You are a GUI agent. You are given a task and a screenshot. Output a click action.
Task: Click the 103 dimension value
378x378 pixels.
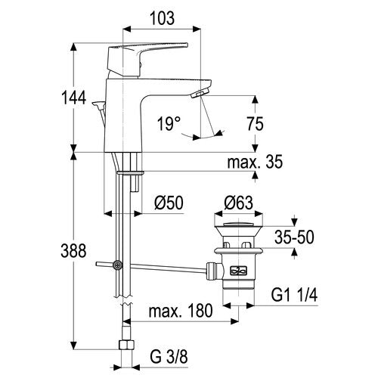point(163,18)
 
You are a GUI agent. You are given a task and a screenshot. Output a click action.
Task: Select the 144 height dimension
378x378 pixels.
point(74,98)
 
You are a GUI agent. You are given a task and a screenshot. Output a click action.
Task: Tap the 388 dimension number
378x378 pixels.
point(73,251)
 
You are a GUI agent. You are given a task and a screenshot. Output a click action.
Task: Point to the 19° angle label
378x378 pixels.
point(169,124)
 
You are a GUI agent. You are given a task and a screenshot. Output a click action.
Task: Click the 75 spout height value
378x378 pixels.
point(255,124)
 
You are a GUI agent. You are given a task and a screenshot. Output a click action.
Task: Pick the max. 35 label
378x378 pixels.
point(255,162)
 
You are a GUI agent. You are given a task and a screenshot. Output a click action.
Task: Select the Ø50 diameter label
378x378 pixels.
point(169,203)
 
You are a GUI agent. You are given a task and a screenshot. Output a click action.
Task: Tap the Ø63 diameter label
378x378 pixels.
point(238,203)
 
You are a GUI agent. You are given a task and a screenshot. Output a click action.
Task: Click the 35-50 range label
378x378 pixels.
point(294,237)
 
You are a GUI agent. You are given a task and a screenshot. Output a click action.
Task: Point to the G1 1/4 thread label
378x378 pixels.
point(294,295)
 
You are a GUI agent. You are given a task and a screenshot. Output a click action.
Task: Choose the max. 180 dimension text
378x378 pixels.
point(181,311)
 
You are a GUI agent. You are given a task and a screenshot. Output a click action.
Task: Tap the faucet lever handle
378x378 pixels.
point(147,60)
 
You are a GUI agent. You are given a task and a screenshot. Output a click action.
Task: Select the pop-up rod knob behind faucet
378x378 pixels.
point(98,104)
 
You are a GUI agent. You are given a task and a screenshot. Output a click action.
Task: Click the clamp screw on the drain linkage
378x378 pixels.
point(118,265)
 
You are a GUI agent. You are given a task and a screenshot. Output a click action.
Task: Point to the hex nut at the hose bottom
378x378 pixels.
point(126,345)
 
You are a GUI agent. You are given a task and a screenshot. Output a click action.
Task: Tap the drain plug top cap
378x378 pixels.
point(238,224)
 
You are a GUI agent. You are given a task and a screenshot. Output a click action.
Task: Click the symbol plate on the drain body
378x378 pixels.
point(238,271)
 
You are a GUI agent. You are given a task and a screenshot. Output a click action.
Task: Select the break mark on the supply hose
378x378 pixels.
point(123,300)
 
